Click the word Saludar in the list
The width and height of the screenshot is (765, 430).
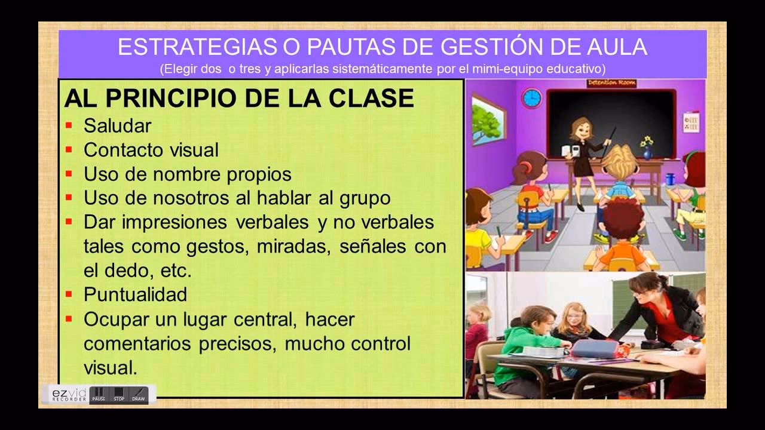click(x=117, y=125)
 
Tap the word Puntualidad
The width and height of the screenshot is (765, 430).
click(x=135, y=294)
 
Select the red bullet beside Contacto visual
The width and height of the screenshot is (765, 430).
click(x=69, y=149)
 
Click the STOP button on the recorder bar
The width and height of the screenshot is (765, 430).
click(x=119, y=394)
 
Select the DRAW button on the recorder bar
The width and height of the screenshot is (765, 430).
click(x=138, y=394)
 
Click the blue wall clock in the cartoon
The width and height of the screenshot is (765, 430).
click(x=531, y=97)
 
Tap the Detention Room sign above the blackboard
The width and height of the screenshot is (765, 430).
click(x=611, y=83)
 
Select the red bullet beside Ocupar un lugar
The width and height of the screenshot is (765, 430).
click(x=69, y=319)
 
